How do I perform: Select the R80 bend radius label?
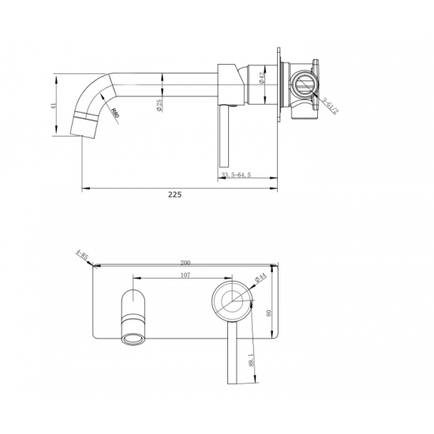pos(116,112)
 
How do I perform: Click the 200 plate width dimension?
pos(185,262)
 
